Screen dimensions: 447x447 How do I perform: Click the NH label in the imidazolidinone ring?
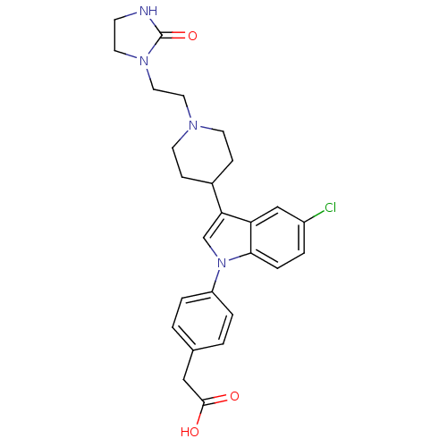click(148, 12)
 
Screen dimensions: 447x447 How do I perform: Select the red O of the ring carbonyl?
click(192, 36)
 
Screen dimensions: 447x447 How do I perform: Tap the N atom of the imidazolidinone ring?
click(144, 61)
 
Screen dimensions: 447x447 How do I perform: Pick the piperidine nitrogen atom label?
click(193, 125)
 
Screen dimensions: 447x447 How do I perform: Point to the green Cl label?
click(330, 207)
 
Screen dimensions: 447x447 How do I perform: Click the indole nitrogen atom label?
click(222, 263)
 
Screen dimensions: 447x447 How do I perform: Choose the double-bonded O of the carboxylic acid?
click(234, 396)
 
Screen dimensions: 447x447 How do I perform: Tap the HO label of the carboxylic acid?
click(190, 432)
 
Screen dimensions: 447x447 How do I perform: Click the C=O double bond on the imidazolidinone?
click(175, 36)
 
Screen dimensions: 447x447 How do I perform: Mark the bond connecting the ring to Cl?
click(315, 216)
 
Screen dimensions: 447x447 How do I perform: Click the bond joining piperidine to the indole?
click(216, 198)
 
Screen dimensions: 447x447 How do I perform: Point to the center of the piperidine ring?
click(203, 155)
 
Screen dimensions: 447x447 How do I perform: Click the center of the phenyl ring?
click(203, 321)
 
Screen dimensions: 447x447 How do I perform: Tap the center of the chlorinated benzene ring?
click(278, 238)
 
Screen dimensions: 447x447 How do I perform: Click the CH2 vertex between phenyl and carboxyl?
click(183, 380)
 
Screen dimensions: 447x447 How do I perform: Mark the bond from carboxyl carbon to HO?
click(200, 414)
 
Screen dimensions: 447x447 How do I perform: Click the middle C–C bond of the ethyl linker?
click(168, 92)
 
